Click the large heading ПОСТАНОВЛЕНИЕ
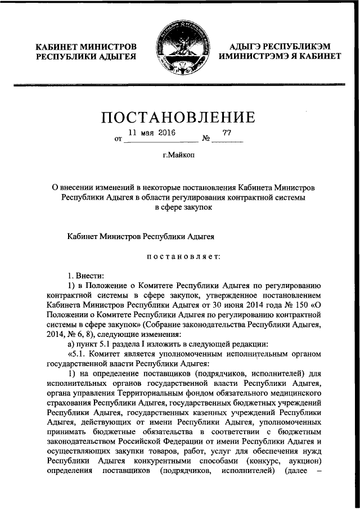[179, 118]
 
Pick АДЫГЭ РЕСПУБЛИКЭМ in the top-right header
[280, 46]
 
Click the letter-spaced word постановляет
[180, 257]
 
